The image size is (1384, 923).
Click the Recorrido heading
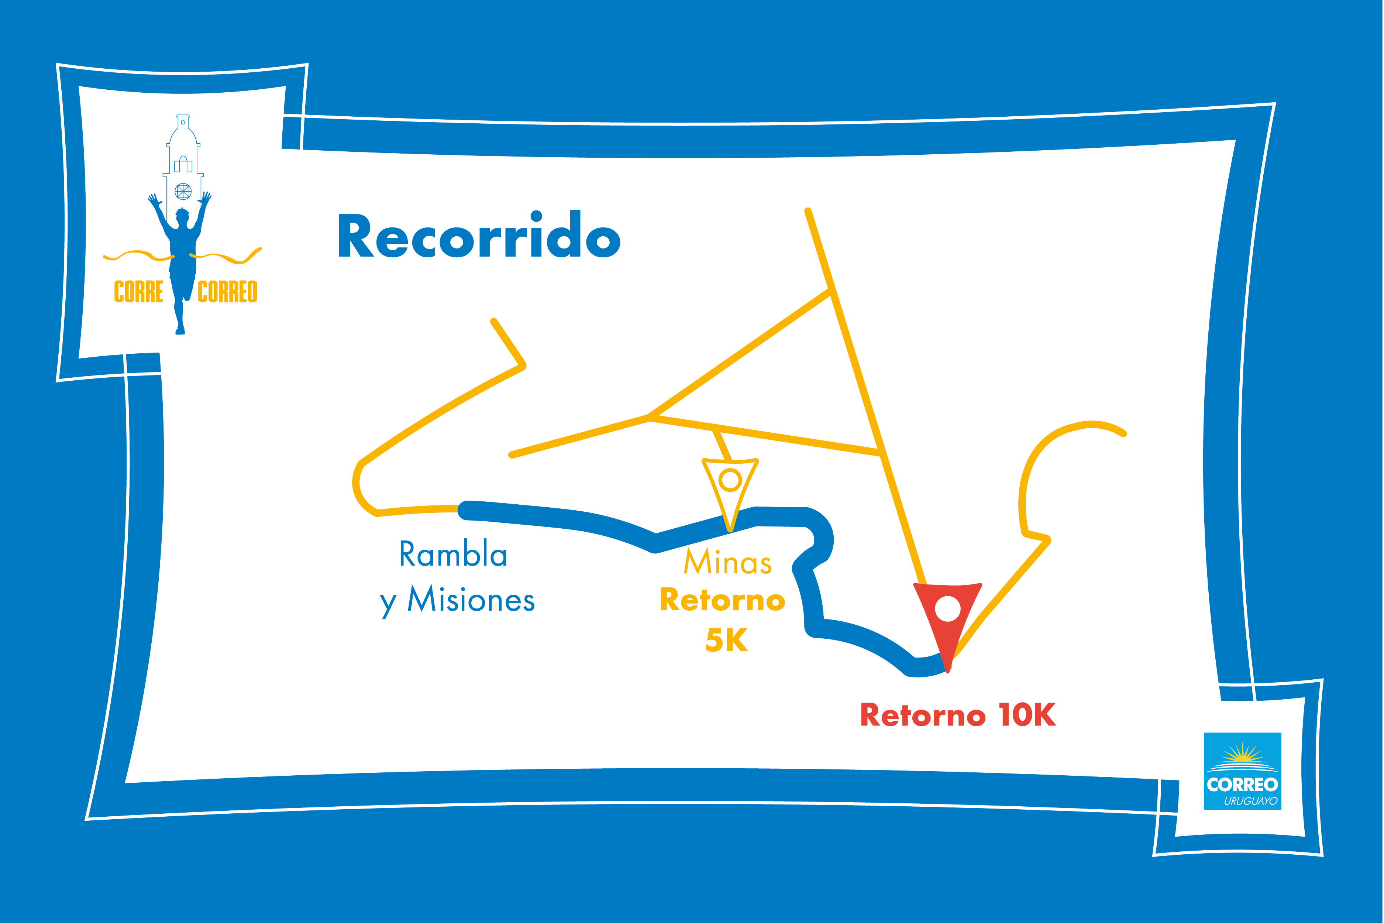[479, 237]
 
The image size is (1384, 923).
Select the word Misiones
[471, 600]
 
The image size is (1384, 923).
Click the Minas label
[727, 562]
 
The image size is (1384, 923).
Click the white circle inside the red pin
[947, 609]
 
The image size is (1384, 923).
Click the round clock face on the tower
[183, 191]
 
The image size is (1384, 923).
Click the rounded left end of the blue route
[467, 510]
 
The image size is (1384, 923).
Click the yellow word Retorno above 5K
[722, 600]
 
